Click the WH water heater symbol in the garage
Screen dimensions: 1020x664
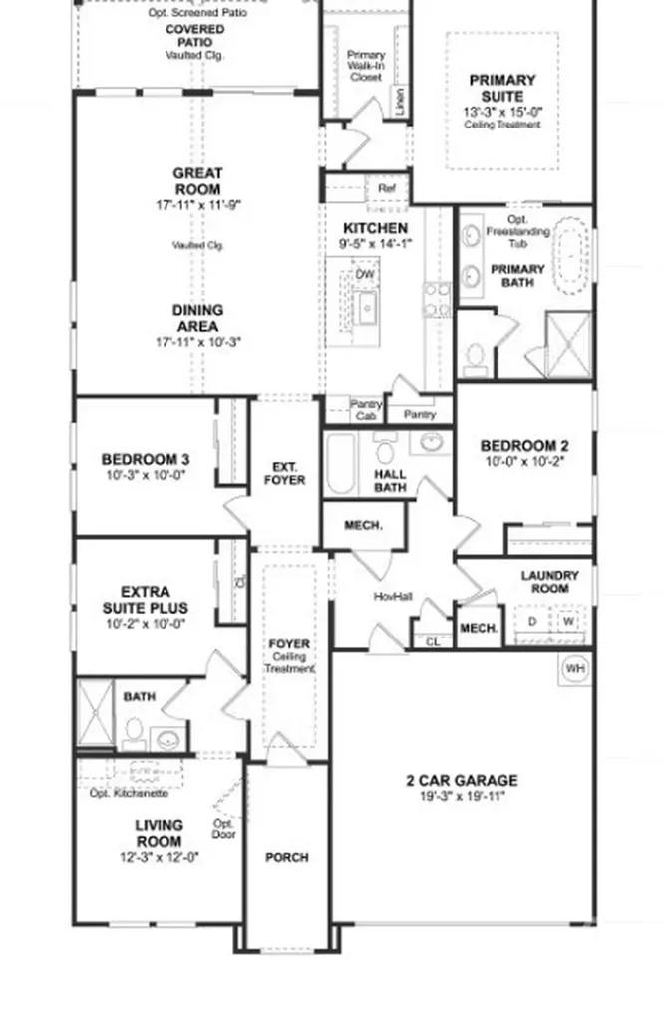click(x=575, y=668)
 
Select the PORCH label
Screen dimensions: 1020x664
click(x=286, y=857)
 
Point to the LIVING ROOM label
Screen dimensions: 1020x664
click(x=159, y=833)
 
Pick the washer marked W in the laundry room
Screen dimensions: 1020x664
click(x=569, y=621)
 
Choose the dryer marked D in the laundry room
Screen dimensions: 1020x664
click(x=532, y=621)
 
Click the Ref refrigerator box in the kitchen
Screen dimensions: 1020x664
click(x=388, y=188)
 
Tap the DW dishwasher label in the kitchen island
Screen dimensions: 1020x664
click(x=366, y=274)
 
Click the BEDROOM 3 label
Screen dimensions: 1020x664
click(x=146, y=459)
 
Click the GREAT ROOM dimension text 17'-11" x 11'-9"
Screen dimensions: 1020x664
click(x=198, y=205)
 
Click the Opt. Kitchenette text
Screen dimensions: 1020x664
click(x=129, y=793)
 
